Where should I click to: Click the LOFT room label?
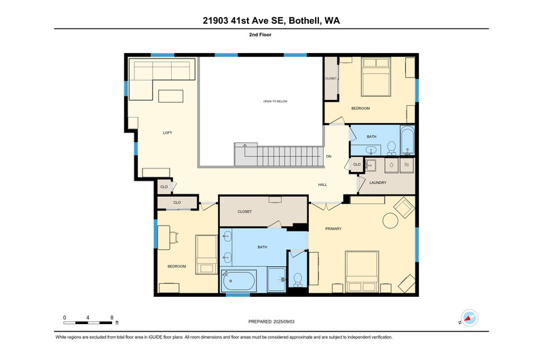pyautogui.click(x=167, y=132)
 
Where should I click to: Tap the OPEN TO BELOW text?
pyautogui.click(x=276, y=101)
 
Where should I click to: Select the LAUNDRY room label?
pyautogui.click(x=378, y=183)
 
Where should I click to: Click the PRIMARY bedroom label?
pyautogui.click(x=333, y=229)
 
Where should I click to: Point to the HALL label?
pyautogui.click(x=322, y=185)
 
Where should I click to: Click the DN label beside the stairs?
pyautogui.click(x=329, y=156)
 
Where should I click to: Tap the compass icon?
pyautogui.click(x=469, y=318)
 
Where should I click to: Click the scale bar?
pyautogui.click(x=88, y=323)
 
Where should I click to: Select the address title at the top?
pyautogui.click(x=271, y=20)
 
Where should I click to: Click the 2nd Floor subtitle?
pyautogui.click(x=260, y=35)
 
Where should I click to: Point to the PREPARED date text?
pyautogui.click(x=271, y=321)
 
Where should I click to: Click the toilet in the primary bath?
pyautogui.click(x=298, y=280)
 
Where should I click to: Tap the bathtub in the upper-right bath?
pyautogui.click(x=407, y=141)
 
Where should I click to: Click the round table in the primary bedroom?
pyautogui.click(x=390, y=220)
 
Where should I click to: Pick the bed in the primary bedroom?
pyautogui.click(x=362, y=272)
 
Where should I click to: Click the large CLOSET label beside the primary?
pyautogui.click(x=244, y=212)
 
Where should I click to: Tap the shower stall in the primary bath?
pyautogui.click(x=277, y=279)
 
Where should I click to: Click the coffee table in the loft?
pyautogui.click(x=171, y=96)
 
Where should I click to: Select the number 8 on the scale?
pyautogui.click(x=112, y=317)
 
